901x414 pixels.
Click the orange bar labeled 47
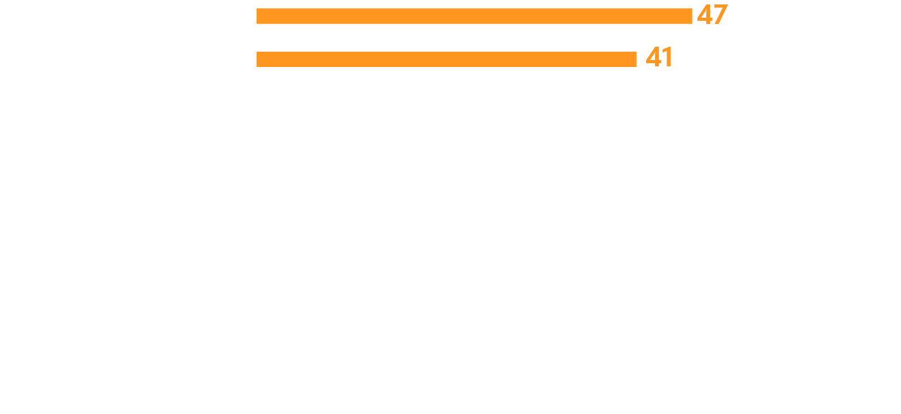click(474, 16)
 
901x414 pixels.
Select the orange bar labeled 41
click(446, 59)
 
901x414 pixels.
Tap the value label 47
click(712, 15)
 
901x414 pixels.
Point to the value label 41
click(659, 58)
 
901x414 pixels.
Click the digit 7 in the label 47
click(720, 15)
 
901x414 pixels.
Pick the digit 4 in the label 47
click(704, 15)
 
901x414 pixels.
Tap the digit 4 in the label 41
click(653, 58)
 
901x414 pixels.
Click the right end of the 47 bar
click(691, 16)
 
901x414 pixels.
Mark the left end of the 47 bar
click(257, 16)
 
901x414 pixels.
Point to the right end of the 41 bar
click(635, 59)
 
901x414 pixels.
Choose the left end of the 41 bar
click(257, 59)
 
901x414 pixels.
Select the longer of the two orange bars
click(474, 16)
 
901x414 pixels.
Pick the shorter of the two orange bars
click(446, 59)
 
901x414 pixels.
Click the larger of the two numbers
click(712, 15)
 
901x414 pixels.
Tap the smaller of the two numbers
click(659, 58)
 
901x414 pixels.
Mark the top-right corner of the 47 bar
click(692, 9)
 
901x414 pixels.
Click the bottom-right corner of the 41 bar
click(636, 66)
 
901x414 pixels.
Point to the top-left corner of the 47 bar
click(257, 9)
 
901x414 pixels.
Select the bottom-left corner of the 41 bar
click(257, 66)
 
